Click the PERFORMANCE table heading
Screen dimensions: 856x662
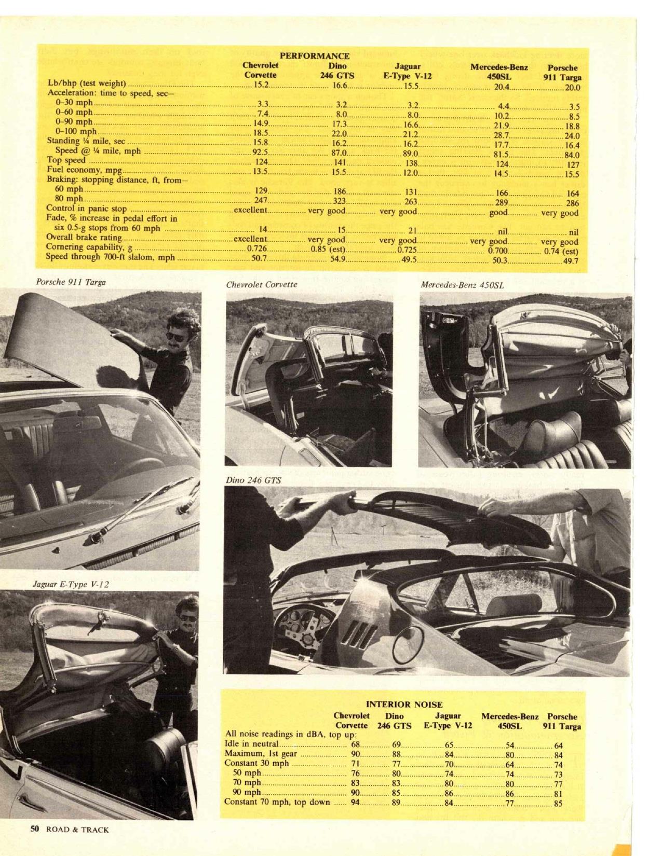314,56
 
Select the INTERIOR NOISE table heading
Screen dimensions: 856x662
404,705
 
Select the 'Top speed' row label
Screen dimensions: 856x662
66,161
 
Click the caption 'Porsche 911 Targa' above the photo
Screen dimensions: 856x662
71,282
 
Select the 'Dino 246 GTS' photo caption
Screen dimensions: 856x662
253,480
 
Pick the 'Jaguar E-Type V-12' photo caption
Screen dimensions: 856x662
71,584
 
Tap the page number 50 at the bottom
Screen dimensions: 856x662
34,829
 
